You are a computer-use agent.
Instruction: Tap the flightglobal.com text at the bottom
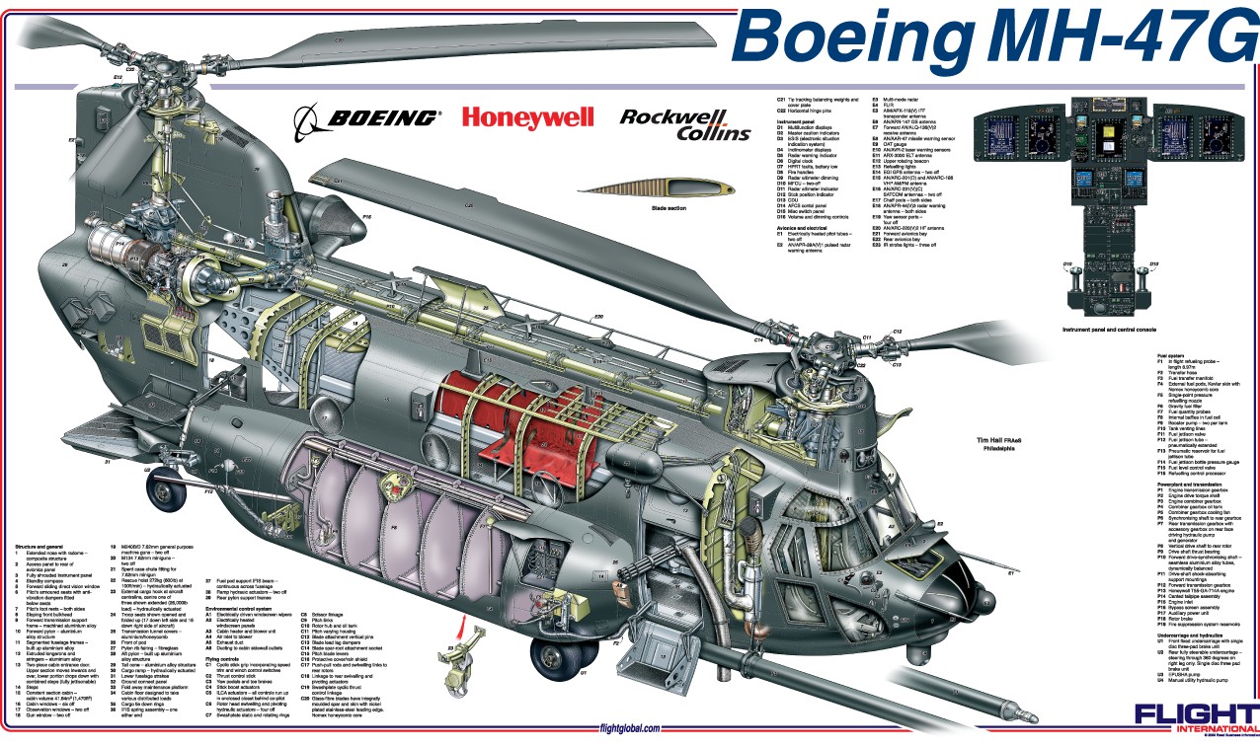tap(629, 728)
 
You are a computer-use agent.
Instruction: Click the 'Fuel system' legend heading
tap(1171, 355)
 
